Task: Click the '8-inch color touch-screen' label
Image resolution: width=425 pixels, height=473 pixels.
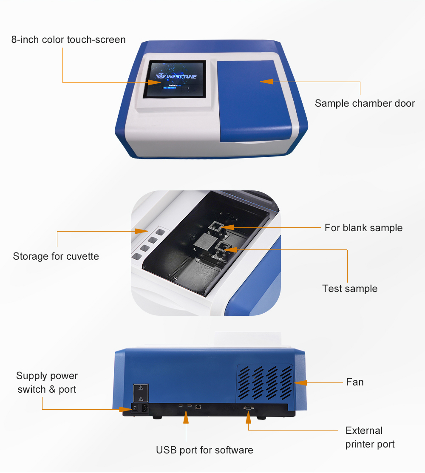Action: [x=68, y=40]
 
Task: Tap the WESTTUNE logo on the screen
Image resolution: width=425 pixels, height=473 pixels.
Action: [x=176, y=76]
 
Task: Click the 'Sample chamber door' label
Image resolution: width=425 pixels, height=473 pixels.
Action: [x=365, y=103]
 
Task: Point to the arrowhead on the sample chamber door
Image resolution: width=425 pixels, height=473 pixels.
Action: [x=266, y=81]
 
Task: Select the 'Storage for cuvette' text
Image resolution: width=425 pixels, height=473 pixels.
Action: [x=56, y=256]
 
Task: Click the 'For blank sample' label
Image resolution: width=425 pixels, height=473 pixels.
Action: [x=363, y=228]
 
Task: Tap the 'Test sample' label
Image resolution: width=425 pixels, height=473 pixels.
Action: [x=350, y=289]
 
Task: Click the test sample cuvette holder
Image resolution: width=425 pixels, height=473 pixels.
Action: [x=221, y=248]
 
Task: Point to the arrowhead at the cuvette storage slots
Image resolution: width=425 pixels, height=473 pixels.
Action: [x=141, y=231]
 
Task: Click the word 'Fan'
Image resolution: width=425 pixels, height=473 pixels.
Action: [x=355, y=382]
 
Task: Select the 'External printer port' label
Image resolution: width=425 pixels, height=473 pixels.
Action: [x=369, y=437]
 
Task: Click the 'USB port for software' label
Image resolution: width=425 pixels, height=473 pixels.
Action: [x=204, y=450]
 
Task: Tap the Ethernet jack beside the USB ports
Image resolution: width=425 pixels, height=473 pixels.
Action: [x=198, y=407]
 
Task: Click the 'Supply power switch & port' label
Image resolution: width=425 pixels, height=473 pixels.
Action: [x=47, y=382]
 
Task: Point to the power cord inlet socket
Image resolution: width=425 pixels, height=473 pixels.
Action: [x=144, y=409]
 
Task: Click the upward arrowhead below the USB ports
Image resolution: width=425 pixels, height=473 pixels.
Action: [x=186, y=419]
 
